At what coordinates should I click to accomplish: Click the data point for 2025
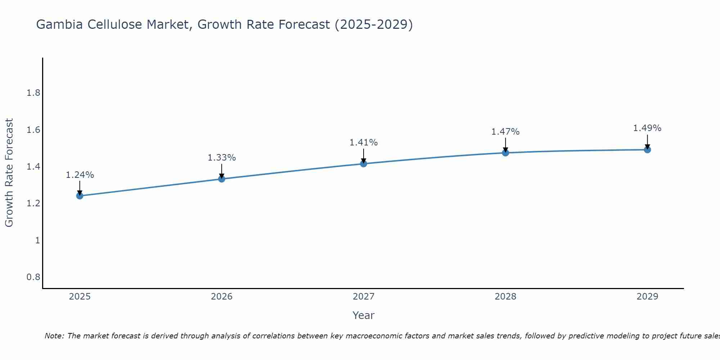click(80, 196)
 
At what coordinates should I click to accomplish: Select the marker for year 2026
click(222, 179)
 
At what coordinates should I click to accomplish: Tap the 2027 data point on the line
click(364, 164)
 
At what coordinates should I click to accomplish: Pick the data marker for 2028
click(505, 153)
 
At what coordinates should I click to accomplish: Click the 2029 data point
click(647, 149)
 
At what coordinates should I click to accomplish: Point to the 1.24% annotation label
click(80, 175)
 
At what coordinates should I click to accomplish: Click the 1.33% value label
click(222, 158)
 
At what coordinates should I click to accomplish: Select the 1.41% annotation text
click(364, 143)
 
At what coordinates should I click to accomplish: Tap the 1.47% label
click(505, 132)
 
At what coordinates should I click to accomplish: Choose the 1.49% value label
click(647, 128)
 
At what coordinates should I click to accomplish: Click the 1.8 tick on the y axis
click(33, 93)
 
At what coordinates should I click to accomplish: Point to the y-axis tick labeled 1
click(37, 240)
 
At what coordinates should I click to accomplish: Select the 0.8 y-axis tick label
click(33, 277)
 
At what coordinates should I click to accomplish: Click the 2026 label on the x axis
click(222, 297)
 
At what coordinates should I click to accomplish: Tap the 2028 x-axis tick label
click(505, 297)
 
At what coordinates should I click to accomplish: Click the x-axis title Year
click(364, 315)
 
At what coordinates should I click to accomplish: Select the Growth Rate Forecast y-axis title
click(9, 173)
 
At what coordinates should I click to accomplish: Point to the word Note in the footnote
click(54, 336)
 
